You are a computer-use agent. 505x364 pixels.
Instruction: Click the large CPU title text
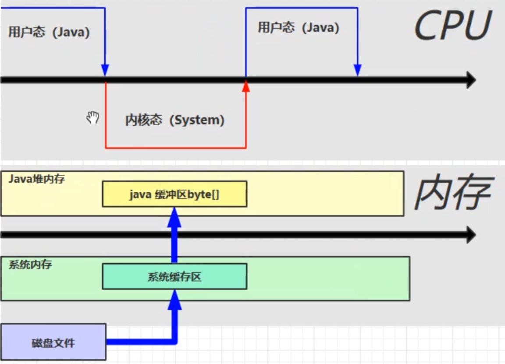452,26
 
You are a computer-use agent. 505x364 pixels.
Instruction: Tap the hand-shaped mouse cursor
92,117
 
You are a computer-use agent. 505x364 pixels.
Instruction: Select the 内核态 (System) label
174,120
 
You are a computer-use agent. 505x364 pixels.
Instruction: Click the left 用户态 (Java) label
49,32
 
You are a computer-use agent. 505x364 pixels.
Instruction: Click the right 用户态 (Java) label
298,28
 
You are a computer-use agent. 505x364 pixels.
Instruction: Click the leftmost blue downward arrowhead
105,70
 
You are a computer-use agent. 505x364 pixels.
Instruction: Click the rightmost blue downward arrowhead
358,70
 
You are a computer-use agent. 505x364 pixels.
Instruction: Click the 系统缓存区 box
174,276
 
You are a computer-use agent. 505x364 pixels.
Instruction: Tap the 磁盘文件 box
53,342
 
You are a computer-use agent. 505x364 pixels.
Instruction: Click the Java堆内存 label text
37,179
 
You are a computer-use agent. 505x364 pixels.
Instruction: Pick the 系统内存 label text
30,265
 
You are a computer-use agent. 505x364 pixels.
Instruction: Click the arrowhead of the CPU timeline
471,80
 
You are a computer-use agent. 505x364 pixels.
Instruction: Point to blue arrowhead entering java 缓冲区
174,216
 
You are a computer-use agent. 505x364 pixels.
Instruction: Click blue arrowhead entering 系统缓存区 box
174,298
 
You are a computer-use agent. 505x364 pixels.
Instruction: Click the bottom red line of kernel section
175,148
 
